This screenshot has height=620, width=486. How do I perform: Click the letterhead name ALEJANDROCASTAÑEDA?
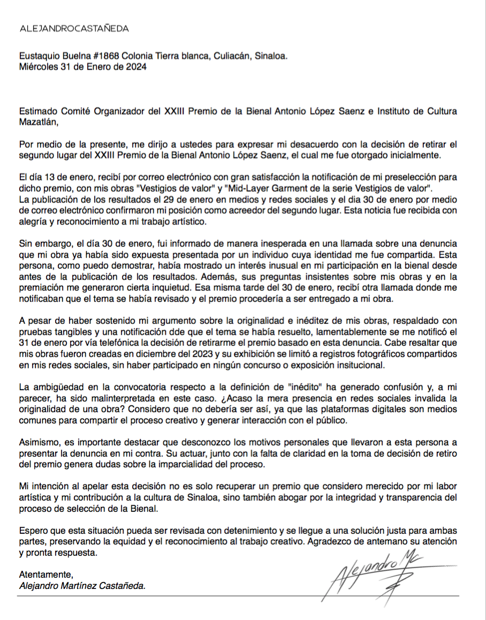[x=74, y=29]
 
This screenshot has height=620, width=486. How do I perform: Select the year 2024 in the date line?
[x=134, y=67]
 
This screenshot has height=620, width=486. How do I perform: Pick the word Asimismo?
[x=39, y=443]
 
